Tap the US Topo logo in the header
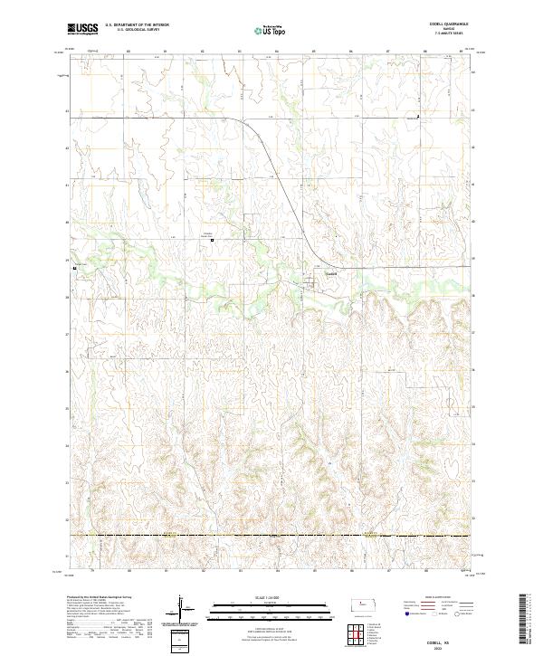click(262, 30)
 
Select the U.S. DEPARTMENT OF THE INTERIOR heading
click(137, 24)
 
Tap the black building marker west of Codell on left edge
click(75, 269)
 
